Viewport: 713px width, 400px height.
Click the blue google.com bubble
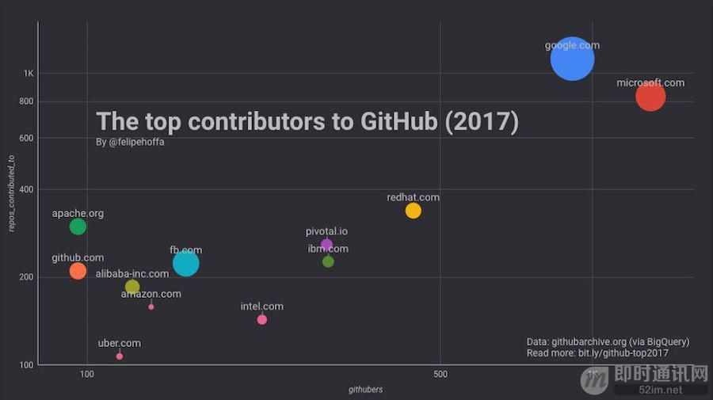click(572, 59)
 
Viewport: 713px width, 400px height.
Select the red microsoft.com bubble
click(650, 97)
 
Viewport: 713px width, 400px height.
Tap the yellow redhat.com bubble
click(413, 211)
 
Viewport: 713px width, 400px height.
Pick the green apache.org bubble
click(78, 227)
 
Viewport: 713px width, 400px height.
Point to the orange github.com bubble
click(78, 271)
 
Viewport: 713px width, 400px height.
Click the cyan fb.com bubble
click(185, 264)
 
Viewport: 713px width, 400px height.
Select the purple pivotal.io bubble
click(326, 245)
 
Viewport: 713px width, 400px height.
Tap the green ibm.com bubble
click(328, 261)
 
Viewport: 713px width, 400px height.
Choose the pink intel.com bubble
click(262, 319)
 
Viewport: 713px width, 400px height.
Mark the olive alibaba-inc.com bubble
click(132, 287)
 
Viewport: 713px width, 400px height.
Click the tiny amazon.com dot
click(151, 307)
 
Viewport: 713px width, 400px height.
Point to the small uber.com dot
click(120, 356)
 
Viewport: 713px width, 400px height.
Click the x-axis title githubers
click(366, 390)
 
